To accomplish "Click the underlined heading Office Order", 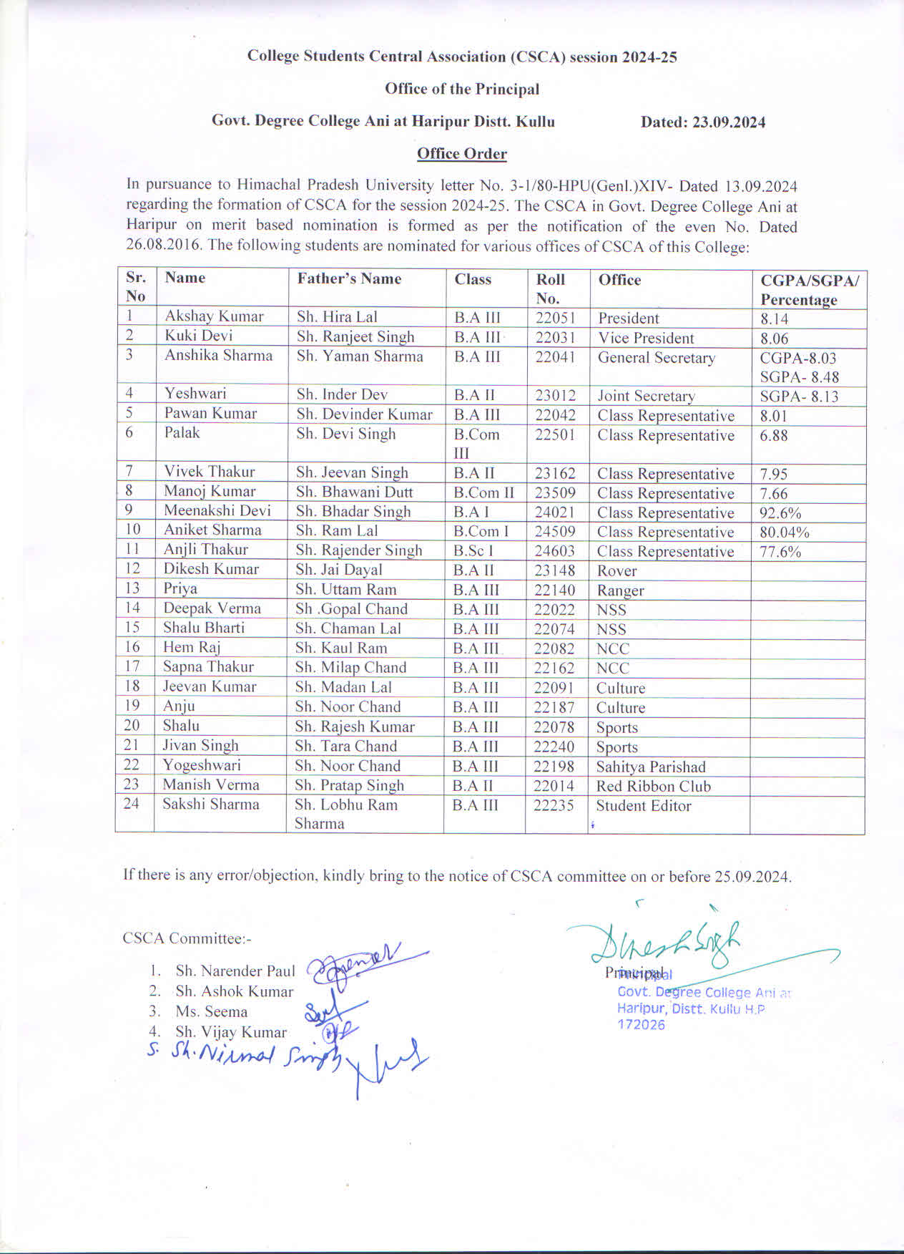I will [x=462, y=154].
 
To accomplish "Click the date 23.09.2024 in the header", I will [x=728, y=122].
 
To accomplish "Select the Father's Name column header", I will [x=349, y=279].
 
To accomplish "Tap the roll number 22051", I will [x=556, y=318].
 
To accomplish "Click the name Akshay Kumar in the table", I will [x=214, y=316].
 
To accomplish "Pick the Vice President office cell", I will [x=646, y=338].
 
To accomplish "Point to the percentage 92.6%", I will [x=780, y=513].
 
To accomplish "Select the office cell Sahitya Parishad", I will [x=651, y=767].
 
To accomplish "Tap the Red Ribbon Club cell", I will [x=654, y=786].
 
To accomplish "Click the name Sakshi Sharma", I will [x=211, y=804].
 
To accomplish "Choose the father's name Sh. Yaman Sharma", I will [x=360, y=356].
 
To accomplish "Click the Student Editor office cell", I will [x=644, y=806].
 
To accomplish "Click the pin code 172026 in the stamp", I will [x=642, y=1025].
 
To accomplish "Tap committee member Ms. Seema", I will [x=211, y=1012].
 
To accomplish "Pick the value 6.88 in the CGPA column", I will [x=774, y=435].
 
